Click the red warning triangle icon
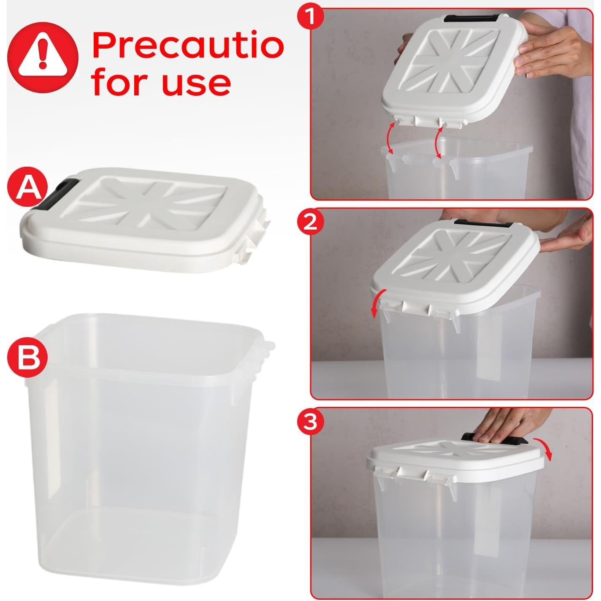point(43,54)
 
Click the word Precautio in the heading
point(187,46)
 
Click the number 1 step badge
point(311,16)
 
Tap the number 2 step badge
point(311,222)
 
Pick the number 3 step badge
point(311,422)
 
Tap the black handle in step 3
point(494,439)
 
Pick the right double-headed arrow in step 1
point(439,143)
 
